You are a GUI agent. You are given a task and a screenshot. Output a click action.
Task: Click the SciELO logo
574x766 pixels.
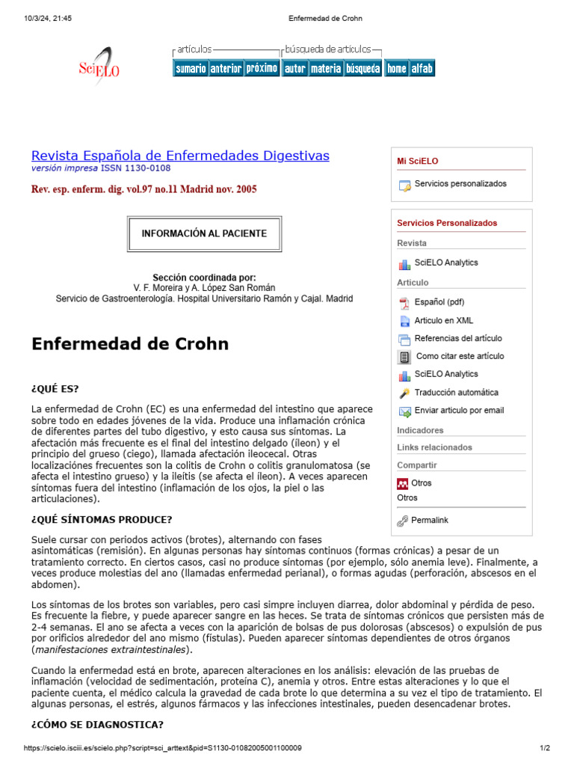pyautogui.click(x=99, y=67)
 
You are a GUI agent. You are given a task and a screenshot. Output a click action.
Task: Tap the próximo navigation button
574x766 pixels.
pyautogui.click(x=262, y=68)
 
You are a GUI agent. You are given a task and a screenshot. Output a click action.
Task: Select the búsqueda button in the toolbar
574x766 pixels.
pyautogui.click(x=362, y=68)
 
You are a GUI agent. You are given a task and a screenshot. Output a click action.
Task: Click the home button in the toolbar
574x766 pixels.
pyautogui.click(x=396, y=68)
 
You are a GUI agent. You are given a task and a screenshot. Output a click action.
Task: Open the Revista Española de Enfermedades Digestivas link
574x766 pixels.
pyautogui.click(x=180, y=156)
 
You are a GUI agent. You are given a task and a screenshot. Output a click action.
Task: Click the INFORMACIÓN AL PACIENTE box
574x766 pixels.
pyautogui.click(x=204, y=233)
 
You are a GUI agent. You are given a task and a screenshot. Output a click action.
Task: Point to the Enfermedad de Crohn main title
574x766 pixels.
pyautogui.click(x=130, y=344)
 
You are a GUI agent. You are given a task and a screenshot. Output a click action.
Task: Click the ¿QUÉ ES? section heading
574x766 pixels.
pyautogui.click(x=55, y=389)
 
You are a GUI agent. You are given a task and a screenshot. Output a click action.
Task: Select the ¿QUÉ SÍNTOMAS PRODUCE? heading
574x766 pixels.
pyautogui.click(x=102, y=519)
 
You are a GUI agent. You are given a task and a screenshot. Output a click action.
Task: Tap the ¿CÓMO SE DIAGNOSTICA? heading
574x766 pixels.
pyautogui.click(x=97, y=725)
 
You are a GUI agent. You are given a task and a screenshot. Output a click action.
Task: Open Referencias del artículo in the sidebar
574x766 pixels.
pyautogui.click(x=458, y=338)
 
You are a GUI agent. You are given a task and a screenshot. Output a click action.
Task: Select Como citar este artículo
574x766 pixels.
pyautogui.click(x=460, y=356)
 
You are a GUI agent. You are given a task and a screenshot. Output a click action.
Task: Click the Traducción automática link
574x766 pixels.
pyautogui.click(x=456, y=392)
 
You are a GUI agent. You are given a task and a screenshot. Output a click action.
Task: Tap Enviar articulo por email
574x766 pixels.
pyautogui.click(x=459, y=410)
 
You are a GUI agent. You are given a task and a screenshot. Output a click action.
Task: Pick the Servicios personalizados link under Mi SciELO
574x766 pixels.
pyautogui.click(x=460, y=184)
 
